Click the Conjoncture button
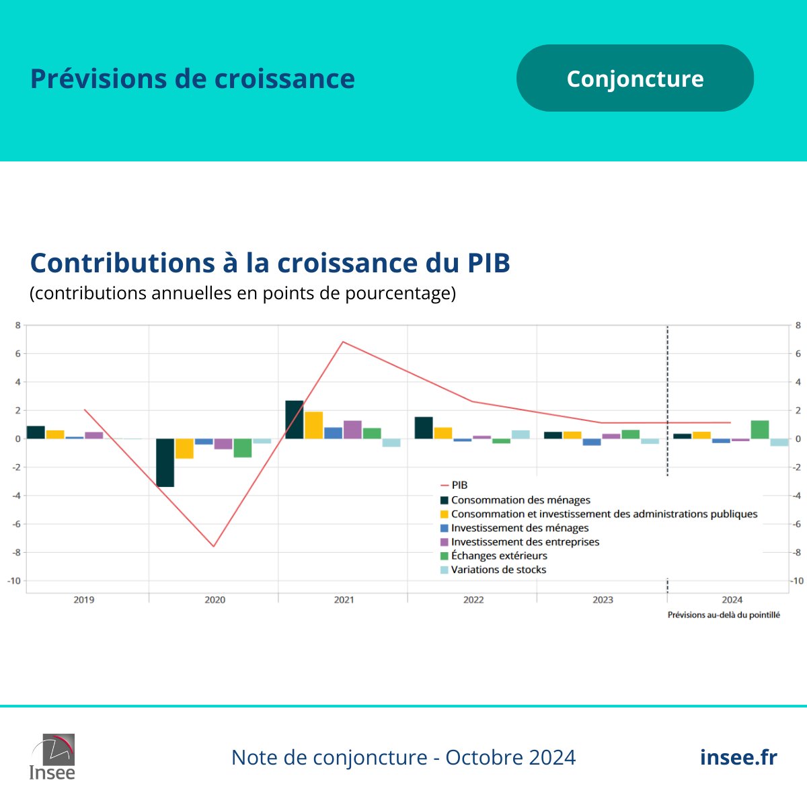pyautogui.click(x=635, y=79)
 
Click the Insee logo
pyautogui.click(x=52, y=757)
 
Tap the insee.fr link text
pyautogui.click(x=738, y=757)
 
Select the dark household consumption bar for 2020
pyautogui.click(x=165, y=463)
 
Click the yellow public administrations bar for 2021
pyautogui.click(x=314, y=426)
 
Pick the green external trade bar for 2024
pyautogui.click(x=760, y=430)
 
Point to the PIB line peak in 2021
pyautogui.click(x=344, y=342)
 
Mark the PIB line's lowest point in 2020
pyautogui.click(x=214, y=546)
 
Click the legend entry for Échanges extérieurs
pyautogui.click(x=499, y=555)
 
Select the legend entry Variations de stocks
pyautogui.click(x=498, y=570)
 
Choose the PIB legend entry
pyautogui.click(x=459, y=485)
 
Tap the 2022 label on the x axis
pyautogui.click(x=473, y=600)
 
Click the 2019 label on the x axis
pyautogui.click(x=84, y=600)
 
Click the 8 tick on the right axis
pyautogui.click(x=798, y=325)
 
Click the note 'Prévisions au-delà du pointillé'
pyautogui.click(x=724, y=615)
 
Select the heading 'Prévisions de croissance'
pyautogui.click(x=192, y=79)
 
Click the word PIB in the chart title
pyautogui.click(x=488, y=263)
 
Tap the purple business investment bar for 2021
pyautogui.click(x=352, y=430)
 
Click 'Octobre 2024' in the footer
pyautogui.click(x=510, y=757)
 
